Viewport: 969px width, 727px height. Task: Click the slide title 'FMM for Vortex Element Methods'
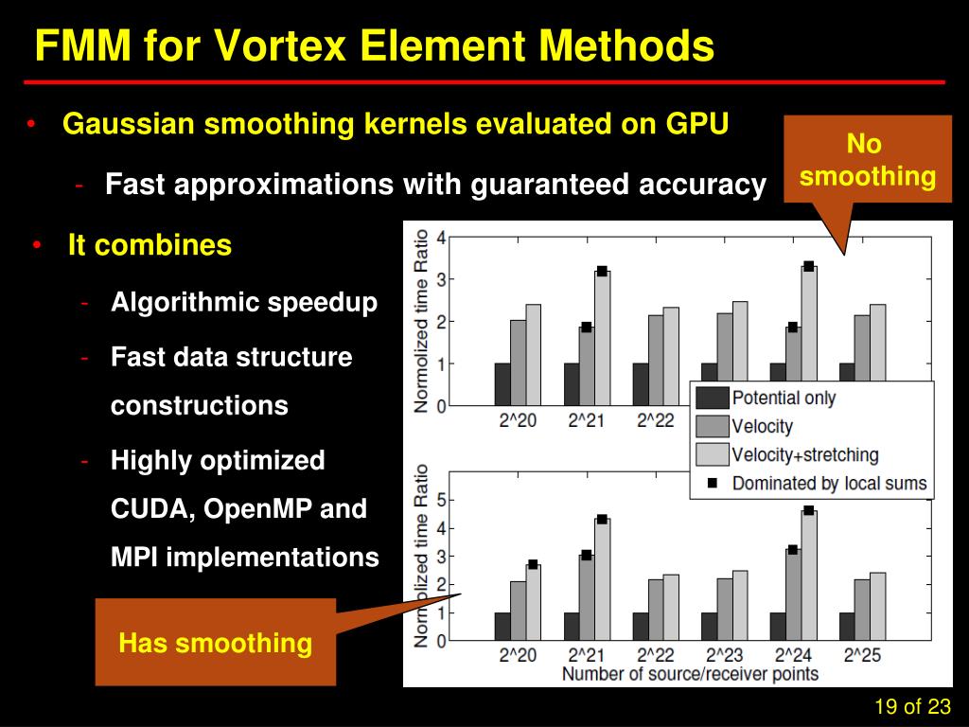click(x=374, y=45)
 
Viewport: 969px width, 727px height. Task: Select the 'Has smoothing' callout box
click(x=216, y=644)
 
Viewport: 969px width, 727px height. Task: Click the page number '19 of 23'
click(x=911, y=706)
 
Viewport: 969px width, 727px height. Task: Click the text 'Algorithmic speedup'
click(x=244, y=303)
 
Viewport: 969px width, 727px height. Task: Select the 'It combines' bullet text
click(x=150, y=246)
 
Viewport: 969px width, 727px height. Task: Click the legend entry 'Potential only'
click(x=784, y=398)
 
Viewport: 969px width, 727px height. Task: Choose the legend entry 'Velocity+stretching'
click(x=804, y=455)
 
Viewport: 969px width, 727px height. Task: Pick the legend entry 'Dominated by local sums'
click(x=829, y=484)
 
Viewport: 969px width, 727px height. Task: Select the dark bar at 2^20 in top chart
click(x=502, y=384)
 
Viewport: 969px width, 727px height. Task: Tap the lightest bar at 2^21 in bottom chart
click(x=602, y=579)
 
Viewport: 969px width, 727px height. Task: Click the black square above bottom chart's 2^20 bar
click(x=533, y=565)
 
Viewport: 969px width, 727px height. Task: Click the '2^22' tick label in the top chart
click(x=655, y=420)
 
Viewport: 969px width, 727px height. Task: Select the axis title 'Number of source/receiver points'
click(x=690, y=674)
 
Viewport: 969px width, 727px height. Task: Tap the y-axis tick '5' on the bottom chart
click(x=440, y=500)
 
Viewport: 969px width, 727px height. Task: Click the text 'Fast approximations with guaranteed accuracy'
click(x=435, y=185)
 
